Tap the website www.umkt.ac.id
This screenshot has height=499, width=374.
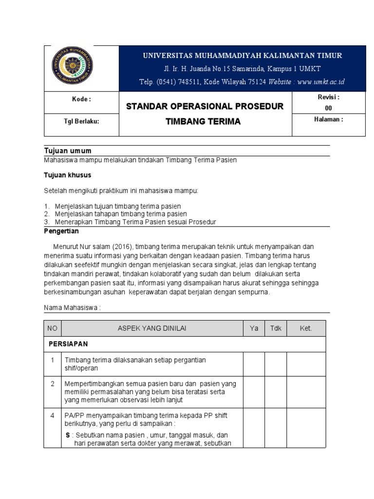coord(321,82)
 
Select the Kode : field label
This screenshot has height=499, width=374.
coord(81,99)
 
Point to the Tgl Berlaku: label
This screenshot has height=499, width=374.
coord(81,121)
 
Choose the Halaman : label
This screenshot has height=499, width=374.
coord(328,119)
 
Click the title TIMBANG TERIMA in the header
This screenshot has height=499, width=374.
coord(205,122)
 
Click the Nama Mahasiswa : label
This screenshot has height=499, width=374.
coord(73,307)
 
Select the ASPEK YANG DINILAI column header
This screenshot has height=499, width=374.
coord(152,328)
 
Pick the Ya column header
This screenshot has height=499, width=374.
coord(254,328)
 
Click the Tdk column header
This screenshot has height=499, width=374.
coord(276,328)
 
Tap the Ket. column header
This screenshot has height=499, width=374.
coord(306,328)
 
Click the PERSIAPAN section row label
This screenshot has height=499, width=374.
coord(68,344)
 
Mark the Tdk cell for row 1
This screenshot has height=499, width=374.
coord(276,364)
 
